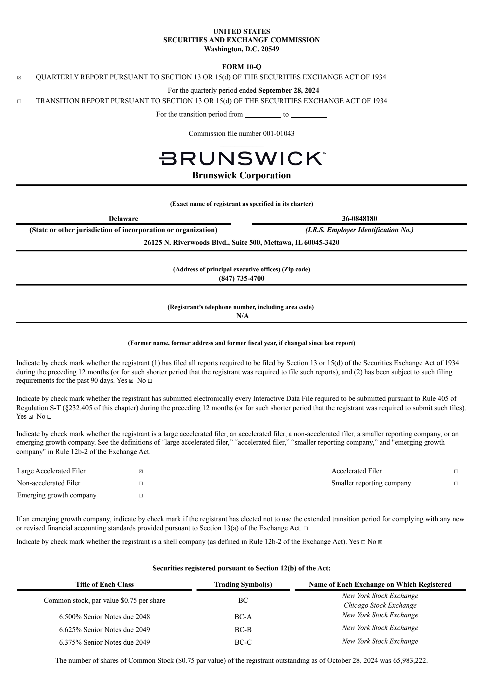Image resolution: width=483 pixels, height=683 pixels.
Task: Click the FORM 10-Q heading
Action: pyautogui.click(x=241, y=67)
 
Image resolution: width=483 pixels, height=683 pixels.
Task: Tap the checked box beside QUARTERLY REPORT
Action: pyautogui.click(x=19, y=78)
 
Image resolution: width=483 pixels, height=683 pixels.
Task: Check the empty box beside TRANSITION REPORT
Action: pyautogui.click(x=19, y=102)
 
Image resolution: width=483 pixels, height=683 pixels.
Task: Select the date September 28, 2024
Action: pyautogui.click(x=289, y=90)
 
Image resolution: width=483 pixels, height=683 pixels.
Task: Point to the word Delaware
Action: pyautogui.click(x=123, y=219)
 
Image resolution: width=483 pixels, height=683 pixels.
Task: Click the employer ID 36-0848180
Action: pyautogui.click(x=359, y=219)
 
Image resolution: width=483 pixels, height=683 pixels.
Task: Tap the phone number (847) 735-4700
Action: pyautogui.click(x=241, y=278)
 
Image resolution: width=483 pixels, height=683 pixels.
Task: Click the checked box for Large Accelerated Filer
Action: pyautogui.click(x=141, y=471)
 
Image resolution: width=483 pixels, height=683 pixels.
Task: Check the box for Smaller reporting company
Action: pyautogui.click(x=456, y=484)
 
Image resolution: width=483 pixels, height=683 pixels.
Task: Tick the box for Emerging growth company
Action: pyautogui.click(x=141, y=496)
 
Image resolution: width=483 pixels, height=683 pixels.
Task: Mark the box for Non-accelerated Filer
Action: pyautogui.click(x=141, y=484)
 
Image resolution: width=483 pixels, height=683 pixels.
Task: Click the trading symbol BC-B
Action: pyautogui.click(x=243, y=630)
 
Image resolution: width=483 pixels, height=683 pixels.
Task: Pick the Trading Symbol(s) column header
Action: pyautogui.click(x=243, y=584)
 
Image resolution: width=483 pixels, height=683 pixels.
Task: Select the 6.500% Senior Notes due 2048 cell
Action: pyautogui.click(x=104, y=617)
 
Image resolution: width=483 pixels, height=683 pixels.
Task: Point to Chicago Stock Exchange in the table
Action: pyautogui.click(x=380, y=605)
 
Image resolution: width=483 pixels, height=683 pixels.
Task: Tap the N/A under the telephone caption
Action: pyautogui.click(x=242, y=316)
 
